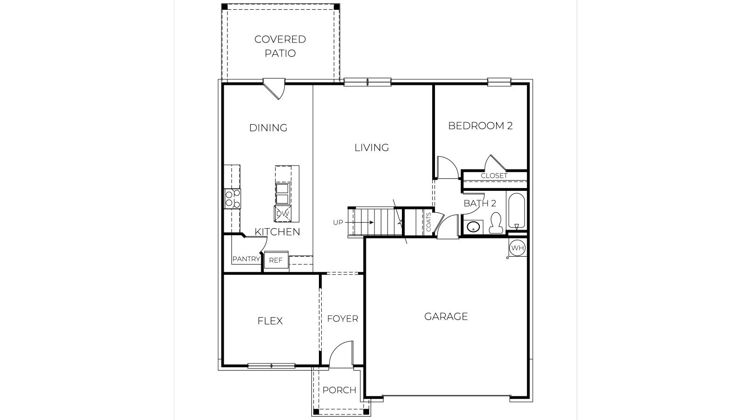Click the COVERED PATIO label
pyautogui.click(x=280, y=46)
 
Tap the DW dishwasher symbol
pyautogui.click(x=283, y=214)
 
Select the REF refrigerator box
pyautogui.click(x=276, y=260)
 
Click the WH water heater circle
pyautogui.click(x=517, y=248)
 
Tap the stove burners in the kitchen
pyautogui.click(x=232, y=198)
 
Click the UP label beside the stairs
pyautogui.click(x=338, y=223)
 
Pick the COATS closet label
pyautogui.click(x=428, y=222)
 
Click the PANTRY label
pyautogui.click(x=246, y=259)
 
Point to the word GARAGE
pyautogui.click(x=446, y=316)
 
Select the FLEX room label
pyautogui.click(x=270, y=321)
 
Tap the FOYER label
pyautogui.click(x=342, y=319)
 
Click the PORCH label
pyautogui.click(x=339, y=390)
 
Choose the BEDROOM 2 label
pyautogui.click(x=480, y=126)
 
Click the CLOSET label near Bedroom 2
pyautogui.click(x=494, y=176)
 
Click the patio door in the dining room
pyautogui.click(x=275, y=88)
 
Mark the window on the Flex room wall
pyautogui.click(x=271, y=365)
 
